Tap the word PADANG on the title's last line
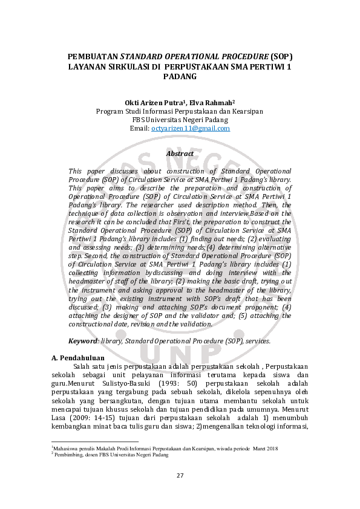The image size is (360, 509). click(x=180, y=77)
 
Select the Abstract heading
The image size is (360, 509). click(x=180, y=154)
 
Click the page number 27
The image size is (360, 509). click(x=180, y=475)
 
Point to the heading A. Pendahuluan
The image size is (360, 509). click(x=78, y=358)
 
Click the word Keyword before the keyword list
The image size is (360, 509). click(x=83, y=341)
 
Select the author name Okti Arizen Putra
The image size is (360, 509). click(x=152, y=103)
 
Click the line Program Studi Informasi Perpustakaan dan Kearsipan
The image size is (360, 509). click(x=180, y=111)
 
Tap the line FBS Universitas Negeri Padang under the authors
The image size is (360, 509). click(x=180, y=120)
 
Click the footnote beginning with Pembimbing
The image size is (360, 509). click(x=109, y=454)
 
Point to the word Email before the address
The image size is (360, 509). click(x=139, y=128)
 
